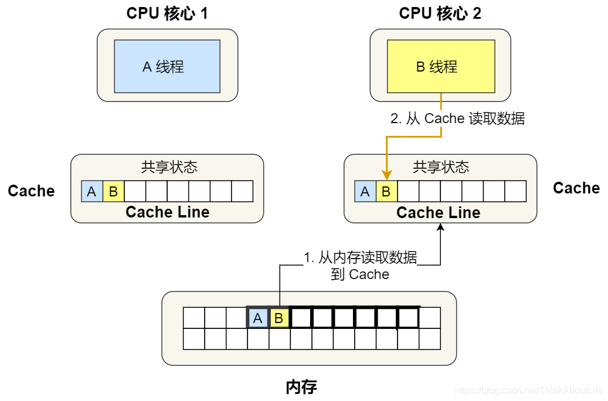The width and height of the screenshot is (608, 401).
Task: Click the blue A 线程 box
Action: (167, 66)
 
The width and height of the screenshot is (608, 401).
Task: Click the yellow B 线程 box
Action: (440, 66)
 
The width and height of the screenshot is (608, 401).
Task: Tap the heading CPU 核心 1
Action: (167, 13)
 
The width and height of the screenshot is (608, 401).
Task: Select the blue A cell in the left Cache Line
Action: (92, 191)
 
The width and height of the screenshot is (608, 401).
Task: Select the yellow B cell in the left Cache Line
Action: (113, 191)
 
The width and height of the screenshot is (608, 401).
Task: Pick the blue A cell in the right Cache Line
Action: (365, 191)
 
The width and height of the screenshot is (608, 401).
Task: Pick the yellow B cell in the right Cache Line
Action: (386, 191)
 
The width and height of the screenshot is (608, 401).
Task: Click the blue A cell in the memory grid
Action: (257, 318)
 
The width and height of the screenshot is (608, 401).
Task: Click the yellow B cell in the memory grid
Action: (279, 318)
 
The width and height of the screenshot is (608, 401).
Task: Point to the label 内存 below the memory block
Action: (301, 387)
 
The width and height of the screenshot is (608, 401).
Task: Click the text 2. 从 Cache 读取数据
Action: (457, 118)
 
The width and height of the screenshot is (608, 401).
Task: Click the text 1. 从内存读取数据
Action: (360, 257)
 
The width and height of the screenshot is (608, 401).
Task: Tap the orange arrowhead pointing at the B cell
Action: (386, 175)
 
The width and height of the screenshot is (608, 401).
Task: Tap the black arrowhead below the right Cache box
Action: (440, 227)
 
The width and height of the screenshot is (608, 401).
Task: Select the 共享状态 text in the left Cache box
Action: (169, 167)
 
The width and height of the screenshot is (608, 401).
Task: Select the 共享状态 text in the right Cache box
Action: (441, 167)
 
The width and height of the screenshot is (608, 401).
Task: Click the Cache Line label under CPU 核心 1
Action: (168, 212)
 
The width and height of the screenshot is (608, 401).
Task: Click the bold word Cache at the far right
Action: (576, 188)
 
